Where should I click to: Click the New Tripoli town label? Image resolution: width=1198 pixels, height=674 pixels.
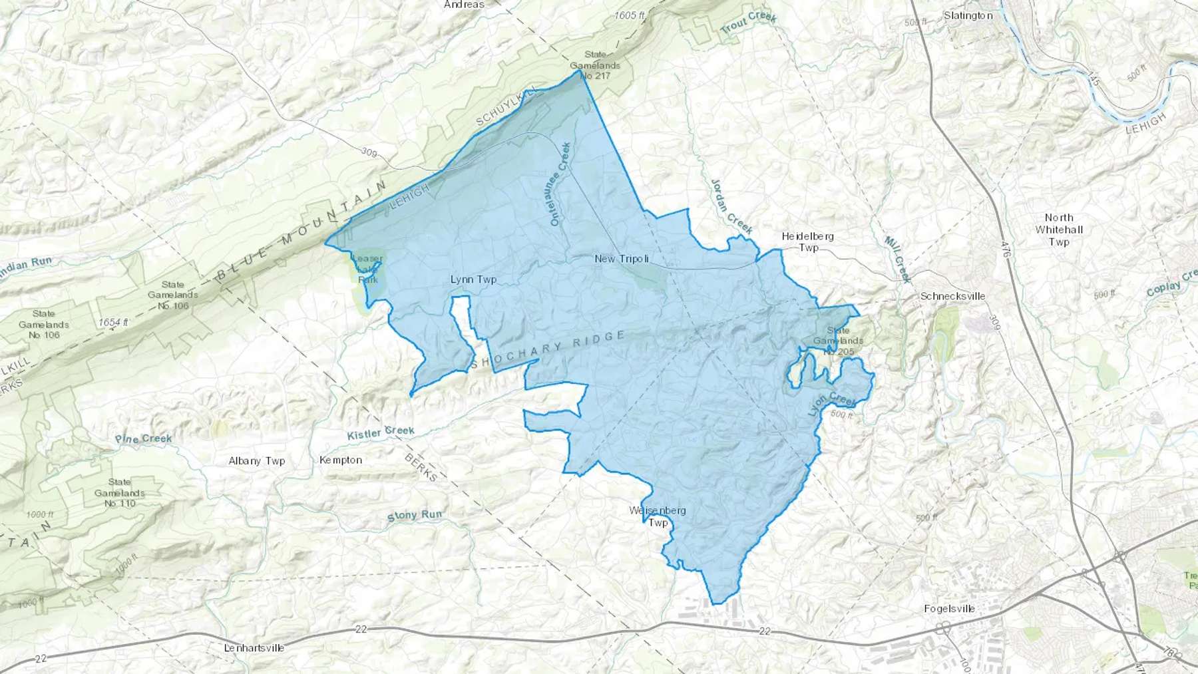click(x=622, y=258)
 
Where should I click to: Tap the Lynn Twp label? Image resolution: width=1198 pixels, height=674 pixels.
click(x=473, y=279)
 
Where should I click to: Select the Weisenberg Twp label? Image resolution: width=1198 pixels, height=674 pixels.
click(x=658, y=516)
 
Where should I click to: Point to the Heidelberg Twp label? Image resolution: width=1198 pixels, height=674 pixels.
click(x=808, y=242)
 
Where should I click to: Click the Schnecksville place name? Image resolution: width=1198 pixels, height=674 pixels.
click(x=952, y=296)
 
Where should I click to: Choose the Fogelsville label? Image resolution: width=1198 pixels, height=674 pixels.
click(x=950, y=608)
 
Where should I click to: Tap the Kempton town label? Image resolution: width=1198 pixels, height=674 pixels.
click(x=341, y=460)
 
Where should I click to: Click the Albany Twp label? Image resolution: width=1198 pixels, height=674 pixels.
click(x=256, y=460)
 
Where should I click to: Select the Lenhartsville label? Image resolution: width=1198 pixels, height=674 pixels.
click(x=254, y=647)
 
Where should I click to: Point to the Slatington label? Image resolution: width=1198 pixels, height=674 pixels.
click(x=968, y=15)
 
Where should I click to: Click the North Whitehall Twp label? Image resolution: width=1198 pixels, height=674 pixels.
click(x=1059, y=230)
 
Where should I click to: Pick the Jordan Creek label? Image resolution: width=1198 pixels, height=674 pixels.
click(x=732, y=206)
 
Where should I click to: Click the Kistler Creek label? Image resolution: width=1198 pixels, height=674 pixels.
click(x=381, y=432)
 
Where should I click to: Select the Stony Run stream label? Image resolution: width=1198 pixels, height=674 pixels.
click(x=414, y=516)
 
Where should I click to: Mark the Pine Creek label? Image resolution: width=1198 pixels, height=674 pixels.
click(x=143, y=438)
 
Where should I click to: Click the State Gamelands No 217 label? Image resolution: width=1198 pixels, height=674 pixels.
click(x=595, y=65)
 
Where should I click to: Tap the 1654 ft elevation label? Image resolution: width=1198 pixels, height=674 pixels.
click(x=113, y=322)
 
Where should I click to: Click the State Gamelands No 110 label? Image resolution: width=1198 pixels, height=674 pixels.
click(x=120, y=492)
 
